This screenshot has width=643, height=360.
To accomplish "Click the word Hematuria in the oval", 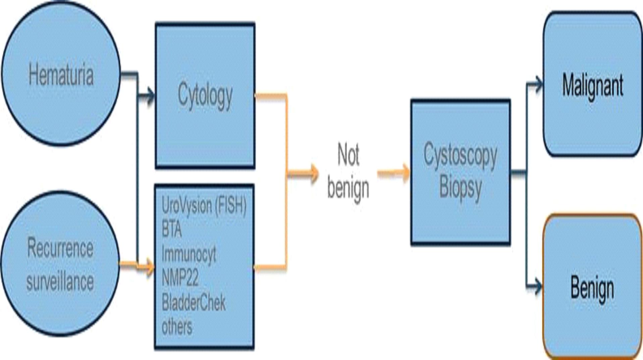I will coord(61,75).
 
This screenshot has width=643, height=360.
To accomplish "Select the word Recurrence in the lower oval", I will coord(60,248).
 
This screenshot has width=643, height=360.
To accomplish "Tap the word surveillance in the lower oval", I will coord(60,281).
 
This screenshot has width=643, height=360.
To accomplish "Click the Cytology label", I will coord(205,96).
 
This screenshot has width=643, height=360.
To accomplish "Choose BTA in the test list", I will coord(171,230).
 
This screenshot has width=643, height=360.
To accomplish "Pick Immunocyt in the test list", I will coord(189,254).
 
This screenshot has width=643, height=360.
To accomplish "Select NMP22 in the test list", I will coord(180,278).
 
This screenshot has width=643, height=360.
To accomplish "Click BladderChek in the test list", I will coord(194,303).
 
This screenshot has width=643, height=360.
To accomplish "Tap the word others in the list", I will coord(177,327).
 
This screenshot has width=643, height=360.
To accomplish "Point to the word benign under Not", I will coord(348,188).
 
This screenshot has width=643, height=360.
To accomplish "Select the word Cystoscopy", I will coord(460,155).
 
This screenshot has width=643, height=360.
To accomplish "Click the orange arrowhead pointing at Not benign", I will coord(314,174).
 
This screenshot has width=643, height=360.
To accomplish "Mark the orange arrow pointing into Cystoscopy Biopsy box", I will coord(405,173).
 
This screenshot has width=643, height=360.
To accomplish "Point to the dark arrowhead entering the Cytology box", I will coord(150,96).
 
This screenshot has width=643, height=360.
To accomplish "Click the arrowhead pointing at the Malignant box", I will coord(538,84).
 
